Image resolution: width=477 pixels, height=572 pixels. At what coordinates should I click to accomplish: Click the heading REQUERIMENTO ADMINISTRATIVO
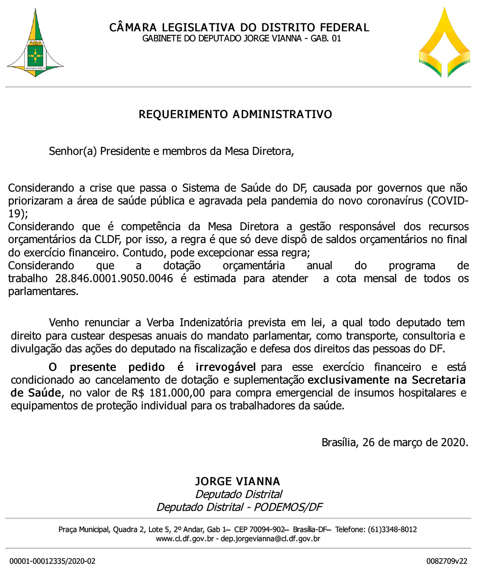coord(235,114)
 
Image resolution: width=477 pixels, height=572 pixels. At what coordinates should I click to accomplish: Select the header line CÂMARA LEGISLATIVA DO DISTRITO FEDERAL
coord(239,28)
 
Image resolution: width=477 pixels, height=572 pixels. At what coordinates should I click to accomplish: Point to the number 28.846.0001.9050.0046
coord(114,278)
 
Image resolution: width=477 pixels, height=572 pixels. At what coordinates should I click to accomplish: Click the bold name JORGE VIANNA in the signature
coord(238,481)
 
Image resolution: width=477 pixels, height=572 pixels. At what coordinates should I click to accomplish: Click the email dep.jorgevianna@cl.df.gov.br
coord(271,539)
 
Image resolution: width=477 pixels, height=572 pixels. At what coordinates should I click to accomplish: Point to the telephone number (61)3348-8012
coord(392,530)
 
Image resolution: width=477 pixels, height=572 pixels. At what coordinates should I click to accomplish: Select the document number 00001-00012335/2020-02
coord(52,561)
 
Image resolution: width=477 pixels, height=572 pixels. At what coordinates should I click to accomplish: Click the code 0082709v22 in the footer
coord(447,561)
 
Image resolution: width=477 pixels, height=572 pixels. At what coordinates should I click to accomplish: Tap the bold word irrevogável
coord(226,367)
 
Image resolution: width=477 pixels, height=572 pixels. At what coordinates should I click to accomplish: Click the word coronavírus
coord(395,201)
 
